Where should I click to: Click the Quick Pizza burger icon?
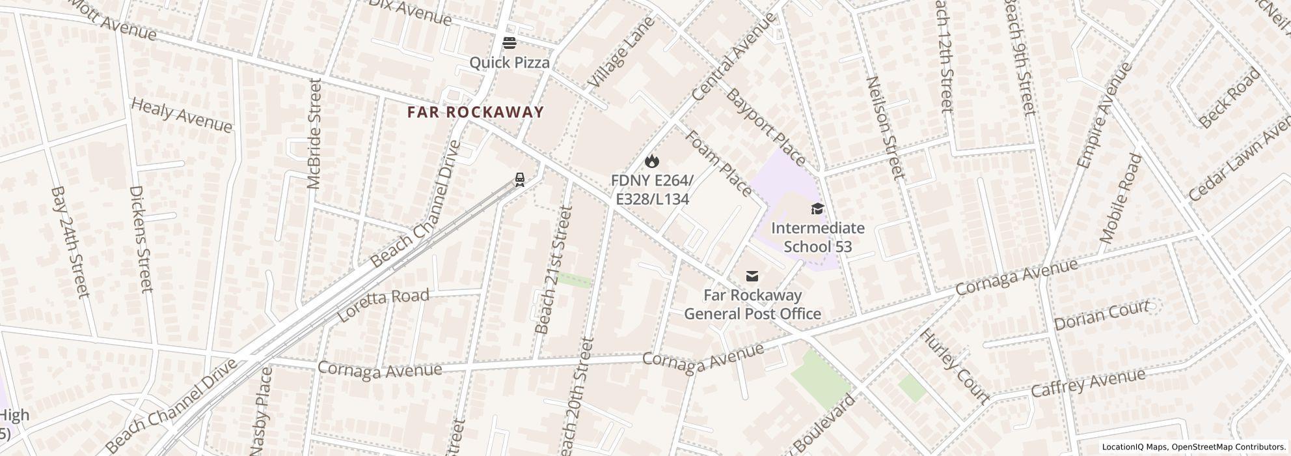510,44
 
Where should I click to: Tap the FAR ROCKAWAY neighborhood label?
475,112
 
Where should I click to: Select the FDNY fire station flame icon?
652,161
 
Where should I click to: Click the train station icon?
519,179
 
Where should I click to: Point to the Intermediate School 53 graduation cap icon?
817,209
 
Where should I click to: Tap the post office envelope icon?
752,276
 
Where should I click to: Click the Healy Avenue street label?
182,115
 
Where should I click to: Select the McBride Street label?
314,134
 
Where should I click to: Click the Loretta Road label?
384,305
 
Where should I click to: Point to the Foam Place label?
718,163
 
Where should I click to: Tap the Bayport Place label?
765,128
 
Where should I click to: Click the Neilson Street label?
886,128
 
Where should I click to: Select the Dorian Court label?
1101,315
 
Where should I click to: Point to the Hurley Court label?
954,366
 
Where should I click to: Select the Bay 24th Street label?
69,242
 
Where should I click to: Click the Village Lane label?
619,53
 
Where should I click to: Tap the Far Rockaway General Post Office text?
752,304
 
